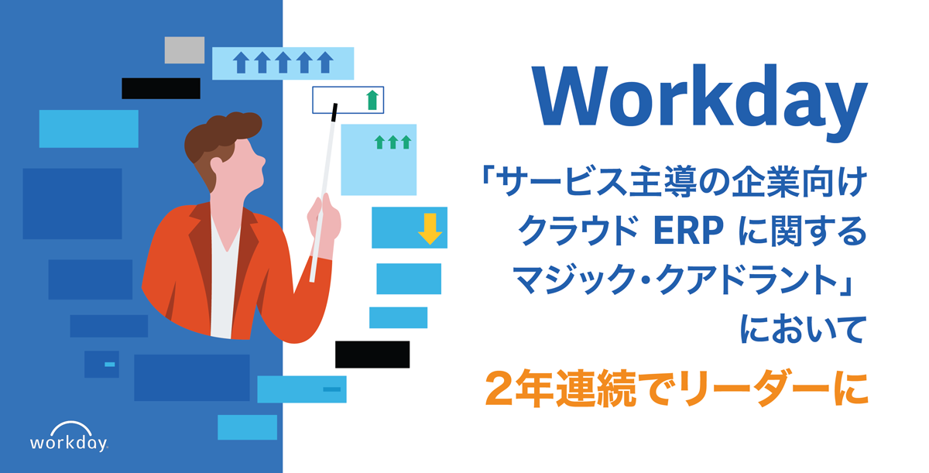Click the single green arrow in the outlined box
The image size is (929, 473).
(372, 99)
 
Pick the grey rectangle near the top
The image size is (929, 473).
(184, 50)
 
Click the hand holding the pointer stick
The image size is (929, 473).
(323, 215)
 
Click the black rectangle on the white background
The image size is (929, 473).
(372, 354)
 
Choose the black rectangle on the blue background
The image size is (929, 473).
(161, 88)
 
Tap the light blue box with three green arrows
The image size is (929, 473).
(379, 159)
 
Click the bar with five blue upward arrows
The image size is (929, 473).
(283, 63)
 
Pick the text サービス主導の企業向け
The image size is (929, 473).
(672, 183)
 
